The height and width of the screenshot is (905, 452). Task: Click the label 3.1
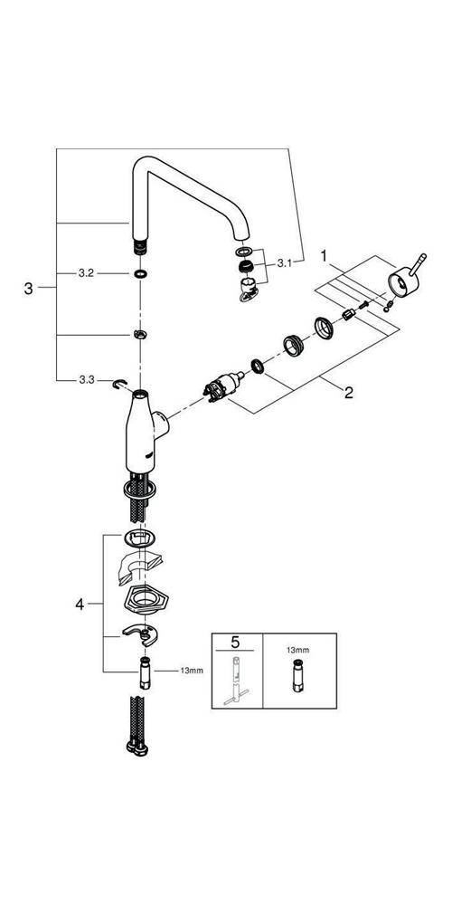(283, 262)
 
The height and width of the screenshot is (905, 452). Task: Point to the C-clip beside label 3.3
(118, 384)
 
